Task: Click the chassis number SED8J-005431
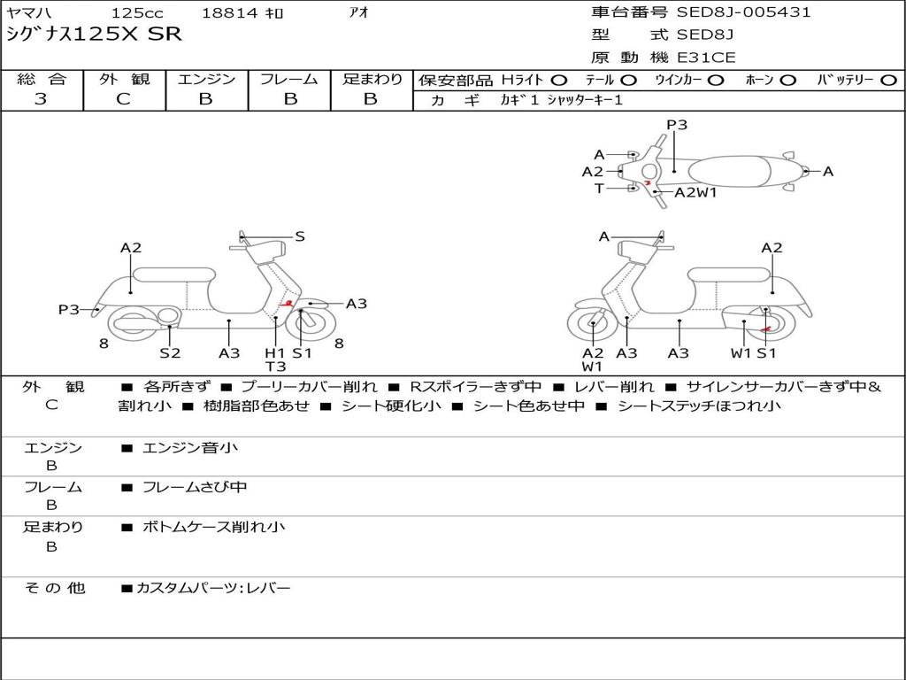[743, 12]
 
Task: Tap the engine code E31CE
[706, 58]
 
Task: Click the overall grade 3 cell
[41, 99]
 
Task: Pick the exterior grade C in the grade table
[124, 99]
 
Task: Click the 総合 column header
[41, 79]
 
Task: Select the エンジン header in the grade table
[206, 79]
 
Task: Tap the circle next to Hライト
[559, 81]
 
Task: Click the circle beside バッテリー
[889, 81]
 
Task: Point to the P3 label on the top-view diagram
[677, 125]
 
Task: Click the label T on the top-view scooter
[599, 188]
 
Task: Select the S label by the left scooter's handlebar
[300, 236]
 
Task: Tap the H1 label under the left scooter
[275, 353]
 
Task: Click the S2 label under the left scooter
[170, 353]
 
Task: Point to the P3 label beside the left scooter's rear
[69, 309]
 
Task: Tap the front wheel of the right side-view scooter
[592, 325]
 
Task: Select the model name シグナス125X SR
[93, 35]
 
